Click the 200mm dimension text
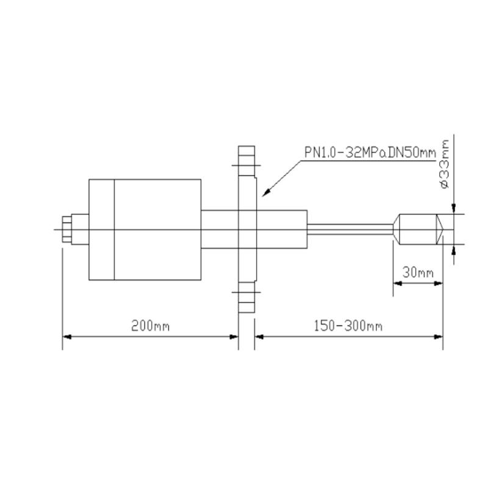pyautogui.click(x=150, y=326)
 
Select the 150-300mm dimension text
pyautogui.click(x=348, y=326)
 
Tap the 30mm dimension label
pyautogui.click(x=418, y=273)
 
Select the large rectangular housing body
pyautogui.click(x=145, y=230)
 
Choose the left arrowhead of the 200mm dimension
pyautogui.click(x=68, y=336)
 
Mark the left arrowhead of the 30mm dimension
pyautogui.click(x=398, y=283)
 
